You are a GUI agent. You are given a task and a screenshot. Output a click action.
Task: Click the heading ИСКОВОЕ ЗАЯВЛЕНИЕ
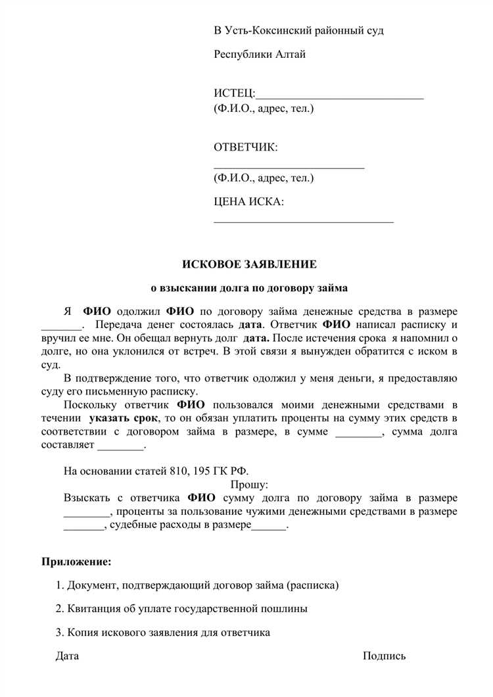[x=249, y=264]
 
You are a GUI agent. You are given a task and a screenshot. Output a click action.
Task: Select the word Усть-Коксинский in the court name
[x=267, y=31]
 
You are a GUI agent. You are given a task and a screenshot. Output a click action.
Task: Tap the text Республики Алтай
[x=260, y=55]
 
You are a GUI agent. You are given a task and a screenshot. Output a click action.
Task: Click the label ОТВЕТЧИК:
[x=246, y=147]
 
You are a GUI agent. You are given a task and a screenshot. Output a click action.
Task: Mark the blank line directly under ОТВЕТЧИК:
[x=289, y=168]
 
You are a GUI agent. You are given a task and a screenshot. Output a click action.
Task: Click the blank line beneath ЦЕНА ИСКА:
[x=304, y=222]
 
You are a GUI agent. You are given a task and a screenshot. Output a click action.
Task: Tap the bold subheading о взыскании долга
[x=249, y=288]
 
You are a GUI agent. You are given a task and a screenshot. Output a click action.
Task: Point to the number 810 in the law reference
[x=179, y=471]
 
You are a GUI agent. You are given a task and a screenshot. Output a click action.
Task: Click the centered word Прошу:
[x=249, y=485]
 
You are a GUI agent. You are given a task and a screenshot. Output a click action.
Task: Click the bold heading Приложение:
[x=77, y=562]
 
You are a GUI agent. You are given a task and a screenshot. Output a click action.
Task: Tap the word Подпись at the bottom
[x=384, y=656]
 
